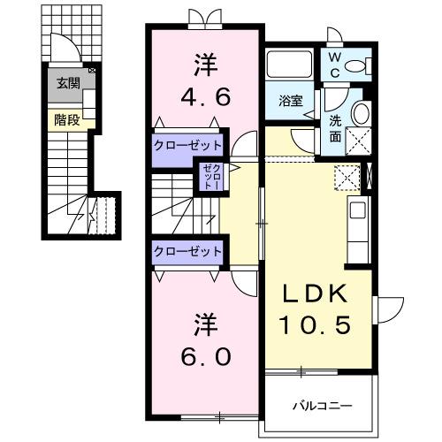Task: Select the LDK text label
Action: tap(316, 294)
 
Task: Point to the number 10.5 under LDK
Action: tap(316, 324)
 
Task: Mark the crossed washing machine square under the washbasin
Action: tap(358, 140)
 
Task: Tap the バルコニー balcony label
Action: tap(323, 405)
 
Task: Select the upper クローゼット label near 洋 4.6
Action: tap(188, 145)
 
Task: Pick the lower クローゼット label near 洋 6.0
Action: tap(188, 251)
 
